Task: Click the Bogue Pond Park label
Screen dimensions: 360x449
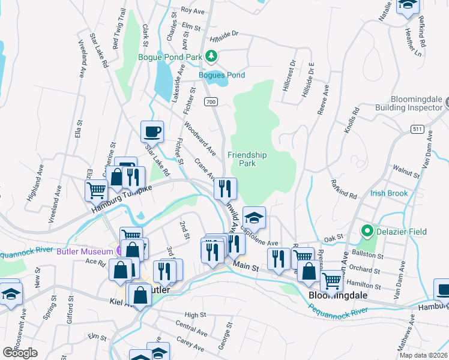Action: point(170,57)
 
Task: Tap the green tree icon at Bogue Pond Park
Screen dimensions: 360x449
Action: point(211,56)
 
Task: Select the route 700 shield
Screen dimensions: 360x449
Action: point(210,102)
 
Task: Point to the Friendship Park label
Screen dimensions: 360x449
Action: point(247,159)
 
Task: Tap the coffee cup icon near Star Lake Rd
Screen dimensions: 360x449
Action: point(152,131)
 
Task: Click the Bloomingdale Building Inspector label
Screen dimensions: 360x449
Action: point(408,102)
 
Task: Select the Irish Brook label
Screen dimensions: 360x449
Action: point(388,193)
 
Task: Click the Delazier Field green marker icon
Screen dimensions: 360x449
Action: point(366,230)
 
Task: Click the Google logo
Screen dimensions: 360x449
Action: point(20,353)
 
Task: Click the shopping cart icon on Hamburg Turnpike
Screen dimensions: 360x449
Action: point(96,191)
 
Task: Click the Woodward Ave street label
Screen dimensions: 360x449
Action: point(199,139)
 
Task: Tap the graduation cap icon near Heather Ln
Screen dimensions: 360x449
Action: point(408,6)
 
